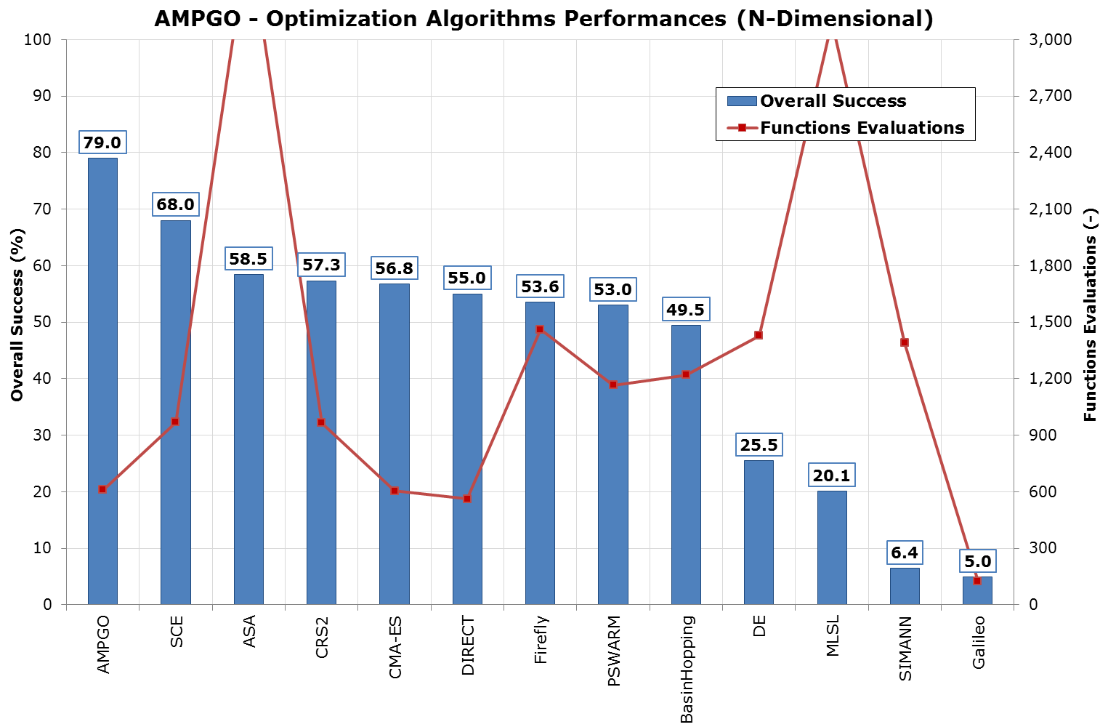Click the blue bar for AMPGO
[x=102, y=381]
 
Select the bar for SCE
[x=175, y=412]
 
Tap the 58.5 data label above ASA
[x=248, y=259]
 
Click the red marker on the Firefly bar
[x=540, y=329]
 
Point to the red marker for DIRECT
[x=467, y=499]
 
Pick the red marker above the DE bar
[x=759, y=335]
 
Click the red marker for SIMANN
[x=905, y=342]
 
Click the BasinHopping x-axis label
[x=687, y=670]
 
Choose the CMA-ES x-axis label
[x=395, y=648]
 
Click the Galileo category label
[x=979, y=642]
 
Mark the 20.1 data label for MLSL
[x=831, y=475]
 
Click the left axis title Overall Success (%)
[x=17, y=314]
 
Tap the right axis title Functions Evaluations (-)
[x=1089, y=314]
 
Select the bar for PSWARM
[x=612, y=454]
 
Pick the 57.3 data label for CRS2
[x=321, y=265]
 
